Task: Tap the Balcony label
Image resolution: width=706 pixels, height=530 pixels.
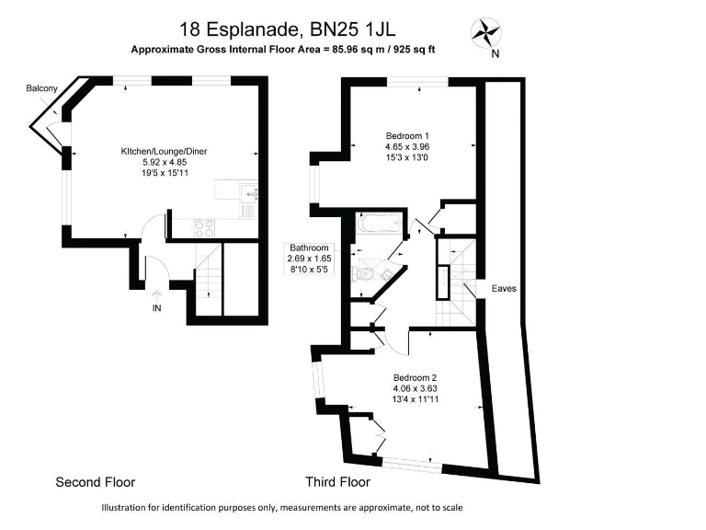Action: pos(41,88)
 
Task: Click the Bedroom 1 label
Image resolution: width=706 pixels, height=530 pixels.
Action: pos(407,135)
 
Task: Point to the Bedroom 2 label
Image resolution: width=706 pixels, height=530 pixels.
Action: pos(415,377)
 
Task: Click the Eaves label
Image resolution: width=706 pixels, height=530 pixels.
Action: pos(504,288)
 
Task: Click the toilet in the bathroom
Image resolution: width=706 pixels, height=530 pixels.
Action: pos(368,273)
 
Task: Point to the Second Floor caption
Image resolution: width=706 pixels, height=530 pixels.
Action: pos(96,482)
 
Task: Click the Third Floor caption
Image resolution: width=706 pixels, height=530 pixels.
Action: pos(337,482)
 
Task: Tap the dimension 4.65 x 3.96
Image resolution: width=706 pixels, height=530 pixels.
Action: pos(407,146)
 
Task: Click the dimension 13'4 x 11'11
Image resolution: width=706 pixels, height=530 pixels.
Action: pos(415,399)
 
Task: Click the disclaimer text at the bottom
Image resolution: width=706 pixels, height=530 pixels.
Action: pos(282,508)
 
